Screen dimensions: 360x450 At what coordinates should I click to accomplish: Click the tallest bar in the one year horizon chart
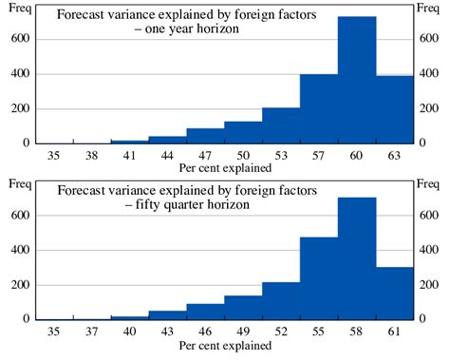coord(357,81)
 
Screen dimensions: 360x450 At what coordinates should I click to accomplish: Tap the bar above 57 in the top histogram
coord(319,108)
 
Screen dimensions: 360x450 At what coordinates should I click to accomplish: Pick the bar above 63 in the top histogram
coord(395,109)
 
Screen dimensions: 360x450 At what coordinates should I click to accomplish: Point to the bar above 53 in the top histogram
coord(281,125)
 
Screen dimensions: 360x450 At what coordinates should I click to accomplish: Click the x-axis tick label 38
coord(92,154)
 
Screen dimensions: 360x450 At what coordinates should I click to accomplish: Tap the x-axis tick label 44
coord(167,154)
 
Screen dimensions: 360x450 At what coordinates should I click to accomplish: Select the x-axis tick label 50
coord(243,154)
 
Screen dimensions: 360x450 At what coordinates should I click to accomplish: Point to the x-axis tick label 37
coord(92,332)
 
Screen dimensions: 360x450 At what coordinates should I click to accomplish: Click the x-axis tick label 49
coord(243,332)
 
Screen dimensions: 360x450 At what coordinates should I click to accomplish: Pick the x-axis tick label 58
coord(357,332)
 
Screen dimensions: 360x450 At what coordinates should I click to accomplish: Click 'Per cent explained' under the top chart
coord(225,168)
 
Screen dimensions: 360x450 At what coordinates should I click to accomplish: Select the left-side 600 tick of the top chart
coord(16,39)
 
